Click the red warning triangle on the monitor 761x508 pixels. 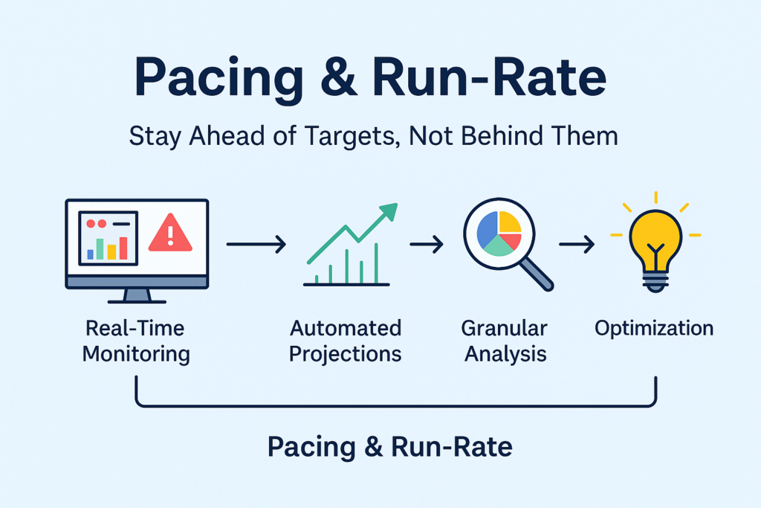170,234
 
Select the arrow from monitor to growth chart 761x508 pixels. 256,244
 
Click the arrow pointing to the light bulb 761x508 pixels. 577,244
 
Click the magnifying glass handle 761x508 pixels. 537,274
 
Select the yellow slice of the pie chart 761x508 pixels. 510,222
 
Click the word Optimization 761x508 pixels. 654,329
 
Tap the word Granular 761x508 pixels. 505,328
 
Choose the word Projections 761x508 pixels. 345,355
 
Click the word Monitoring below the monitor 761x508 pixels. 136,354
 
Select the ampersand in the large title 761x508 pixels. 339,77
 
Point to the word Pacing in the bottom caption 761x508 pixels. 311,447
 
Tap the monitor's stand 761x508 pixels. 137,296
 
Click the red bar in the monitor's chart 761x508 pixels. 123,248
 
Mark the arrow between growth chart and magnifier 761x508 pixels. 426,244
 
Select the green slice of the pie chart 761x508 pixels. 498,246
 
